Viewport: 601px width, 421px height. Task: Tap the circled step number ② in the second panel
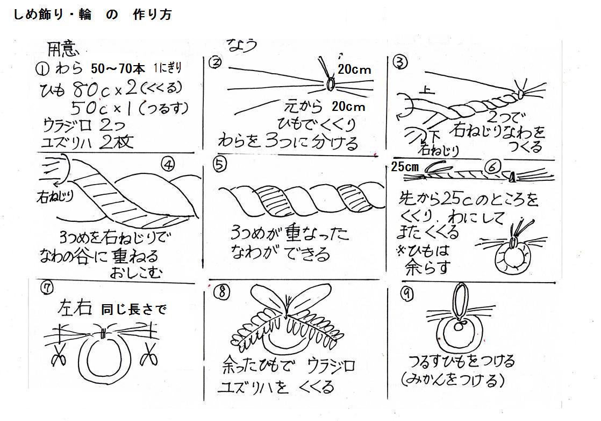click(x=216, y=62)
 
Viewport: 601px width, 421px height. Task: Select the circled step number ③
click(x=399, y=62)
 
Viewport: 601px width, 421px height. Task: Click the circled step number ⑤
click(x=219, y=165)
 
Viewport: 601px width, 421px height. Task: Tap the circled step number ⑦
click(x=47, y=288)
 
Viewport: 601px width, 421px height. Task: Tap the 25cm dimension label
click(x=405, y=167)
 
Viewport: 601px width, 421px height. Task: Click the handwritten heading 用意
click(x=63, y=50)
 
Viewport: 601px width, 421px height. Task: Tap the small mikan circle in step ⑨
click(x=459, y=326)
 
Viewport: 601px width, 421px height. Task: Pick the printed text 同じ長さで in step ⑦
click(x=134, y=309)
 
